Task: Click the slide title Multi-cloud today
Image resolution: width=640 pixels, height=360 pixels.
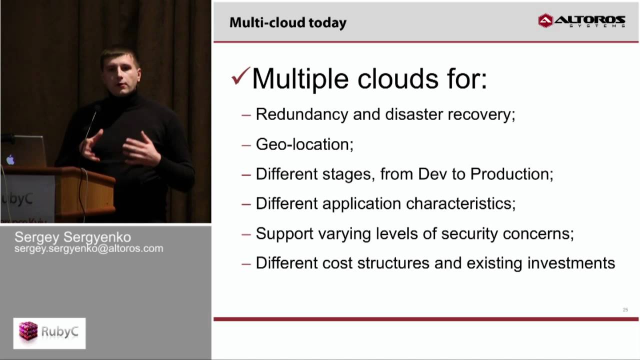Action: pos(287,23)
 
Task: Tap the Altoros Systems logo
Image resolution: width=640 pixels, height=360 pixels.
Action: pos(581,21)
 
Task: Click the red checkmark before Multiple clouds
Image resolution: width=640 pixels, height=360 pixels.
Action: pos(240,77)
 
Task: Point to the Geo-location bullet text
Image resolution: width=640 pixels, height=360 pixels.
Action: pos(304,144)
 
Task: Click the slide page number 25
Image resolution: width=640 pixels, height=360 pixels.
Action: pos(625,310)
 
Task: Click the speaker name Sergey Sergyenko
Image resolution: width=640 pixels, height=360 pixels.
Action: pos(73,237)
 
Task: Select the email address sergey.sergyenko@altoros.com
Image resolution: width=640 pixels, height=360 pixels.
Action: pos(89,248)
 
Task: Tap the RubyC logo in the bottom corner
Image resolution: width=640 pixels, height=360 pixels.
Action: pos(49,333)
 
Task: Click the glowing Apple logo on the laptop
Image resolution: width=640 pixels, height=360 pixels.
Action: pos(10,159)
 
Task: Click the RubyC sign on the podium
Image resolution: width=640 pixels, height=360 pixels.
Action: pos(20,199)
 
